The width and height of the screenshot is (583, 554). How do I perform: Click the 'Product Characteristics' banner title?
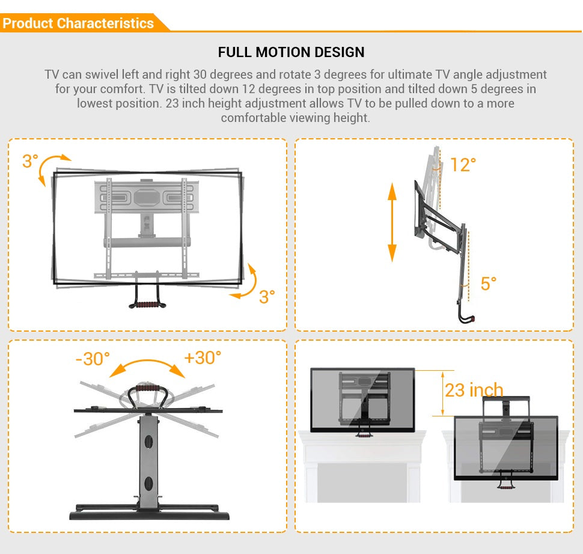78,23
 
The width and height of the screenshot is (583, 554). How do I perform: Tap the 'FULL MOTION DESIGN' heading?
291,52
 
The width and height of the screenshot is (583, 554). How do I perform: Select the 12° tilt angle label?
463,165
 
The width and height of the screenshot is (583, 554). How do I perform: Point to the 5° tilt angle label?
488,284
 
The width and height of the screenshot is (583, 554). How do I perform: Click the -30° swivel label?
93,359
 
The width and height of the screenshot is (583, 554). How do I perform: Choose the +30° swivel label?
203,358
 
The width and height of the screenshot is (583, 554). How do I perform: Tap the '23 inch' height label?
474,390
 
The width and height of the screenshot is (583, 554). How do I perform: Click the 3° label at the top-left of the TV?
30,161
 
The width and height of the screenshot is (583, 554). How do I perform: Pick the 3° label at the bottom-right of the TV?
267,297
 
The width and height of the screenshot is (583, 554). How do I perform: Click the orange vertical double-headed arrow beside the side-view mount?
392,222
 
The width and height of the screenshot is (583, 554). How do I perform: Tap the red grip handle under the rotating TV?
147,305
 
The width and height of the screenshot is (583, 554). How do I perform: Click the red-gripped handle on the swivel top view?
148,389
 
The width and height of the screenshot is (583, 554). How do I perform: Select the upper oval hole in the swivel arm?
148,442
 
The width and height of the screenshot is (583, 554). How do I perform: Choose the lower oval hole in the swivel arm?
148,483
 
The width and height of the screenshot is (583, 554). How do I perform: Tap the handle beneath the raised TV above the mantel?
363,433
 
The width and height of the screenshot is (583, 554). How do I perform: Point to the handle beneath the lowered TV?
505,484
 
